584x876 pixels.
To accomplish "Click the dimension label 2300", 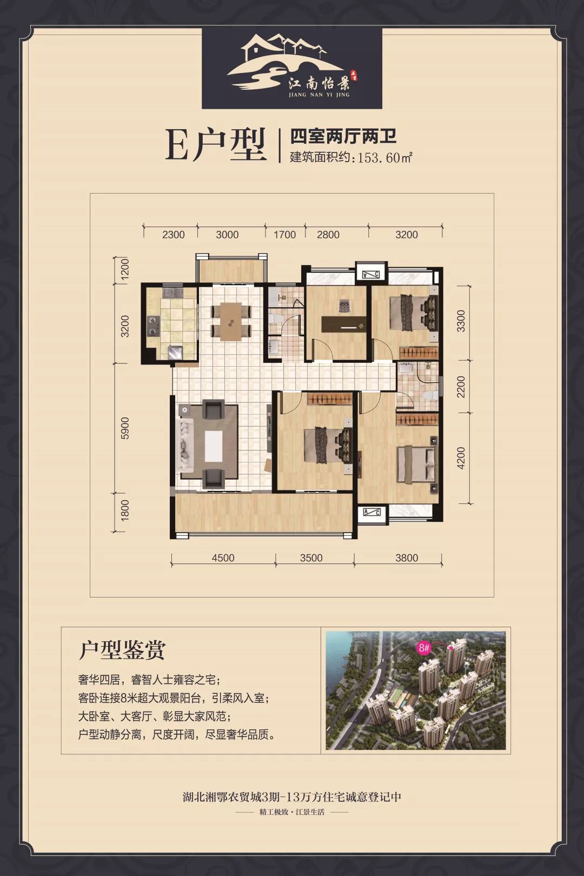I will pyautogui.click(x=173, y=235).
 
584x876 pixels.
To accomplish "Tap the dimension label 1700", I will pyautogui.click(x=285, y=235).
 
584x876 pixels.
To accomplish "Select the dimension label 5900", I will pyautogui.click(x=125, y=427).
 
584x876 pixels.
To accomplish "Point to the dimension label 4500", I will pyautogui.click(x=223, y=558).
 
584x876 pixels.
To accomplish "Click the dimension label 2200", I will pyautogui.click(x=460, y=387).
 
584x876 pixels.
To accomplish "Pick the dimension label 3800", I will pyautogui.click(x=407, y=558).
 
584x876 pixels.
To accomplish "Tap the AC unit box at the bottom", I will pyautogui.click(x=372, y=513).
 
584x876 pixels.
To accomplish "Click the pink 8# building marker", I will pyautogui.click(x=424, y=647).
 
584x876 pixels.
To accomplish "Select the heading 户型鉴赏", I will pyautogui.click(x=122, y=650).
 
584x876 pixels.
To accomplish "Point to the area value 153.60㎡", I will pyautogui.click(x=382, y=158).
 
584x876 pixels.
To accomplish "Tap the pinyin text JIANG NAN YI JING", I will pyautogui.click(x=320, y=95).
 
